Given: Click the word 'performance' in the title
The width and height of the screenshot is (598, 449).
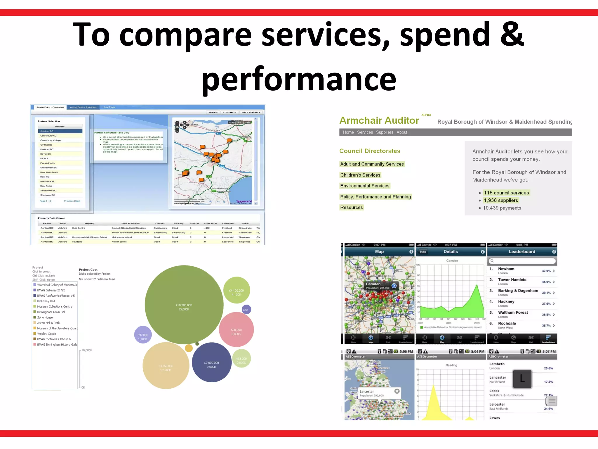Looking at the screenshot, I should coord(299,79).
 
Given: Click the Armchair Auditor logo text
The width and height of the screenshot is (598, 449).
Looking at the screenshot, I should coord(379,120).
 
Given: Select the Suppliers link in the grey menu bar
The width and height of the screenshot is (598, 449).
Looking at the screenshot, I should coord(384,132).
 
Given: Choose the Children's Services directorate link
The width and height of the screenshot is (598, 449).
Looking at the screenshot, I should coord(360,175).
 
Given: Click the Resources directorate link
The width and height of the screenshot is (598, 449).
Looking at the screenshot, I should coord(351,208).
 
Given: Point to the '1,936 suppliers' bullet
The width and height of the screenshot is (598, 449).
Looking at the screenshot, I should coord(501,201).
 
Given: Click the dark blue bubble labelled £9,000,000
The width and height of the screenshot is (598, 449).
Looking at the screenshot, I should coord(211,363).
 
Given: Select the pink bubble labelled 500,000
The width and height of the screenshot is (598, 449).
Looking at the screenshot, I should coord(236,330).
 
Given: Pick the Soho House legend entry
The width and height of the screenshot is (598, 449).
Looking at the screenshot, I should coord(45,317).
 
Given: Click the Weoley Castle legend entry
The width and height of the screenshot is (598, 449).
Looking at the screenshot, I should coord(46,334).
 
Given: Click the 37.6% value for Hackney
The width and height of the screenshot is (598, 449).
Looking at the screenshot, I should coord(546,304).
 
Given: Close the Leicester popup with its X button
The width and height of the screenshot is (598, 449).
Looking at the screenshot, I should coord(397,391).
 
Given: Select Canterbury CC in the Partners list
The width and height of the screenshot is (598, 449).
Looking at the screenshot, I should coord(48,136).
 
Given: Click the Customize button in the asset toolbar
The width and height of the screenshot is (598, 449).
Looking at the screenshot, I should coord(229,112).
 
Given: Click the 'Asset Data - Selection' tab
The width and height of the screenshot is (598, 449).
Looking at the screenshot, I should coord(83,107).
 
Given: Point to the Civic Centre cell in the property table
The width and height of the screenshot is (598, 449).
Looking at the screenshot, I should coord(78,228).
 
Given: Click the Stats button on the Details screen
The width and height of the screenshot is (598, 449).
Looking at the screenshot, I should coord(423,252).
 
